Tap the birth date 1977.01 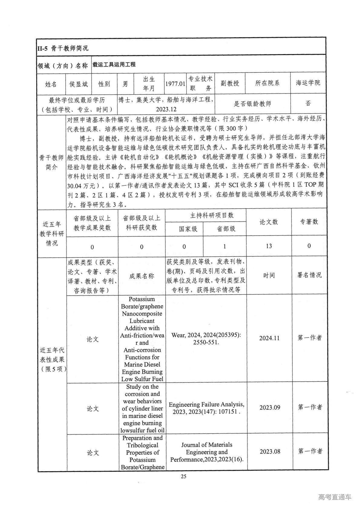(x=175, y=84)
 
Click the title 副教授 (x=230, y=83)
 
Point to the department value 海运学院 (x=308, y=83)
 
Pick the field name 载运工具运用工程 (x=114, y=64)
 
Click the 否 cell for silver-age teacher (x=308, y=103)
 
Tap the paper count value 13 (x=269, y=246)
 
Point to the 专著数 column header (x=309, y=222)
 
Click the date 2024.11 (x=269, y=338)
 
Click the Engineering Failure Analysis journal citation (x=207, y=408)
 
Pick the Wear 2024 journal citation (x=206, y=339)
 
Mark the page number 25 (x=183, y=477)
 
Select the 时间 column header (x=269, y=275)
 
